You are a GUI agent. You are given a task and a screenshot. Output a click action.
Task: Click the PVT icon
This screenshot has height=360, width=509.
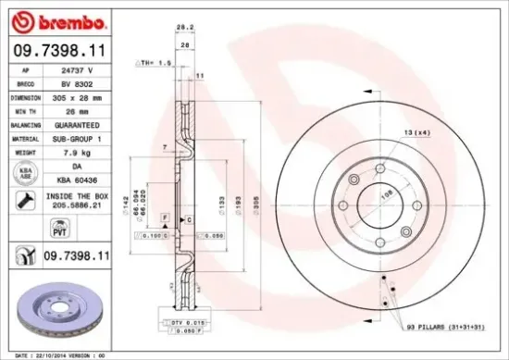pos(25,228)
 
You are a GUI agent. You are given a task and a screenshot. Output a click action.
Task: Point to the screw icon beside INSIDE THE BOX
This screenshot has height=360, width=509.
pos(25,201)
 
